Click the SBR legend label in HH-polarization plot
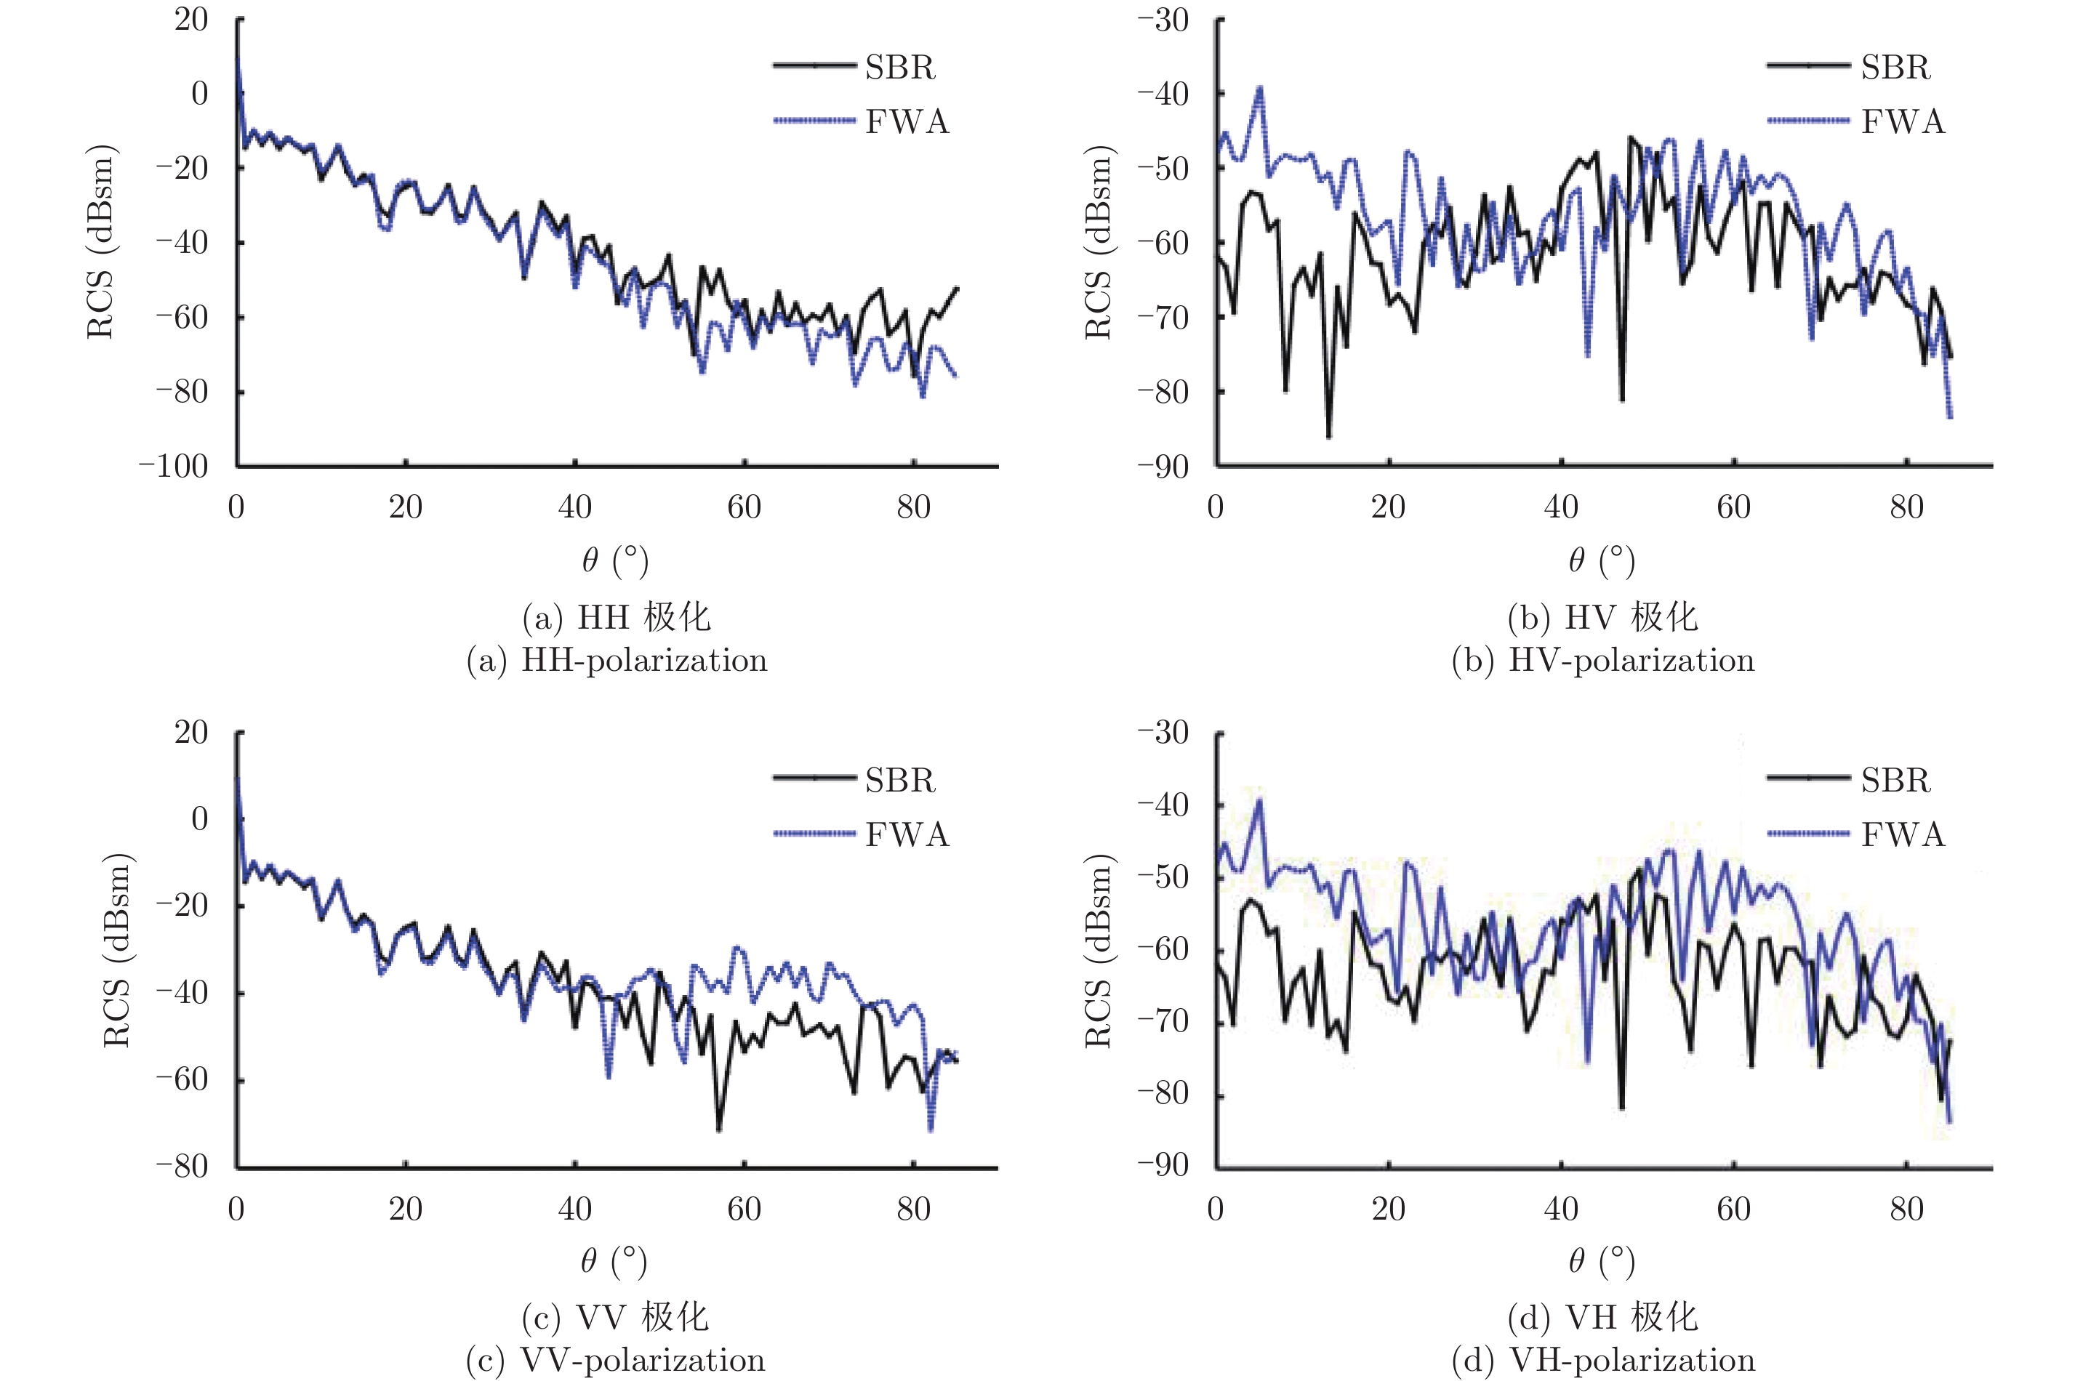coord(899,67)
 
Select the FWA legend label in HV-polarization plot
coord(1903,121)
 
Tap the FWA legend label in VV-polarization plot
coord(907,834)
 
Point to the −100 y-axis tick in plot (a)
coord(174,466)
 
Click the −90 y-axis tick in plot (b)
coord(1162,466)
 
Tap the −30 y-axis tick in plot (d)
coord(1162,732)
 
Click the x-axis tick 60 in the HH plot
coord(744,507)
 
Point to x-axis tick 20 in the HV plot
coord(1388,507)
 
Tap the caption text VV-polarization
coord(643,1360)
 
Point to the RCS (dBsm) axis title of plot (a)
coord(100,242)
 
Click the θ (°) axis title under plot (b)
coord(1601,560)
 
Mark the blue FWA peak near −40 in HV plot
coord(1259,88)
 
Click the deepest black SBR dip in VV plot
coord(720,1129)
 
